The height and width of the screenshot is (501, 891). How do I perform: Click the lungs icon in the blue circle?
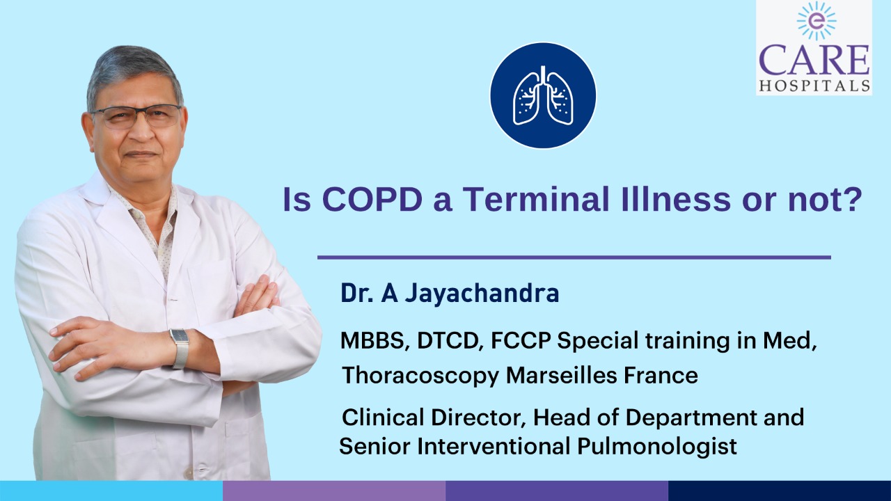(x=543, y=95)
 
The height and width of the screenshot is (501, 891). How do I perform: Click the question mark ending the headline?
(x=854, y=199)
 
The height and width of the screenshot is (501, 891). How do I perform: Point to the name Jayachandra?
(x=482, y=294)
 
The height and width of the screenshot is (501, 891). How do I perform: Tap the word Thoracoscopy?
(x=420, y=376)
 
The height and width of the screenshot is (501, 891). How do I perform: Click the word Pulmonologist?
(x=656, y=447)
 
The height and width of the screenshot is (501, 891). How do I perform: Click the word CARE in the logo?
(x=814, y=61)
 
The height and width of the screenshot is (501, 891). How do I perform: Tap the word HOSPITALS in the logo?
(x=814, y=86)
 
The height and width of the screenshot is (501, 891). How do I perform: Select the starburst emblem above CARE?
(x=817, y=21)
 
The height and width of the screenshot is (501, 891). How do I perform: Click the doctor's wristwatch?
(x=180, y=347)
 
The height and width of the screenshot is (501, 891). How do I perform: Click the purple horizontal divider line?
(x=574, y=257)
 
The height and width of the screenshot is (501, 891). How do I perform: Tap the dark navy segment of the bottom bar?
(x=780, y=491)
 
